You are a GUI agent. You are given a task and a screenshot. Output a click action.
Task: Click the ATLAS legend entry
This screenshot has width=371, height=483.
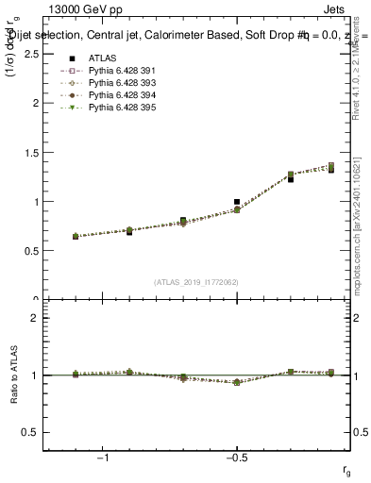click(101, 58)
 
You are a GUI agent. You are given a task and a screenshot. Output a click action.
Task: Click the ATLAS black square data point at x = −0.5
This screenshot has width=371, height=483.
click(237, 202)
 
